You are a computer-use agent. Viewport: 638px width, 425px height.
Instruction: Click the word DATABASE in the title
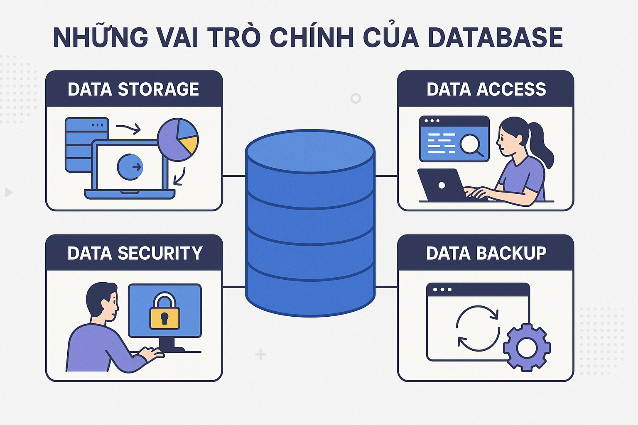pyautogui.click(x=495, y=37)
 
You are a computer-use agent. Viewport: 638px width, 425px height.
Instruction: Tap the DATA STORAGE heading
pyautogui.click(x=133, y=89)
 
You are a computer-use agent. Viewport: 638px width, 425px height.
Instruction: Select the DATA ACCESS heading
pyautogui.click(x=486, y=89)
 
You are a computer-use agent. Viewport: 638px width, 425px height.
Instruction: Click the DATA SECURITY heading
pyautogui.click(x=135, y=253)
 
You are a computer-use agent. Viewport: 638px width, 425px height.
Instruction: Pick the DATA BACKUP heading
pyautogui.click(x=486, y=253)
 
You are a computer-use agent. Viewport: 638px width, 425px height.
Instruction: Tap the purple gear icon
pyautogui.click(x=527, y=347)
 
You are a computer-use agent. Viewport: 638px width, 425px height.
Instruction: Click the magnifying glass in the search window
pyautogui.click(x=471, y=145)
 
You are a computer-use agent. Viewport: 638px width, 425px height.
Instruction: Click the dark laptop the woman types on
pyautogui.click(x=442, y=185)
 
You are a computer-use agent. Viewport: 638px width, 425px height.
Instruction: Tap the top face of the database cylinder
pyautogui.click(x=310, y=150)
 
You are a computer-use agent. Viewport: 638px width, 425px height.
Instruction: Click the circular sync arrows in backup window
pyautogui.click(x=478, y=328)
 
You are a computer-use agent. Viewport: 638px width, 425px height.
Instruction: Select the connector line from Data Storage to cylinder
pyautogui.click(x=234, y=176)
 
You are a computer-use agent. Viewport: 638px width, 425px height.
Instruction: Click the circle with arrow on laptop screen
pyautogui.click(x=130, y=167)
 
